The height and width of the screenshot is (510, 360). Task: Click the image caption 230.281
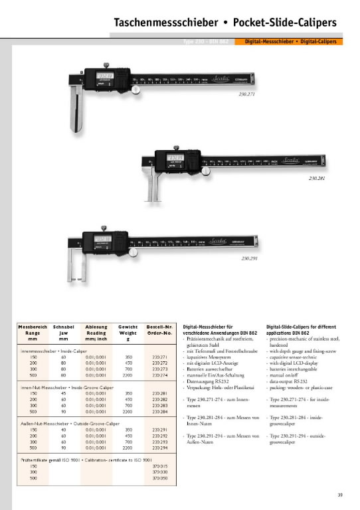tap(317, 179)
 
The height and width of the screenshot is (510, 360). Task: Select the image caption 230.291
tap(250, 258)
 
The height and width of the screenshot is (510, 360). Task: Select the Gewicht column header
tap(128, 327)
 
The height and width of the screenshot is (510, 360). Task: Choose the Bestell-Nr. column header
tap(159, 327)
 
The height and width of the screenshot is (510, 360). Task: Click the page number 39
tap(340, 494)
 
